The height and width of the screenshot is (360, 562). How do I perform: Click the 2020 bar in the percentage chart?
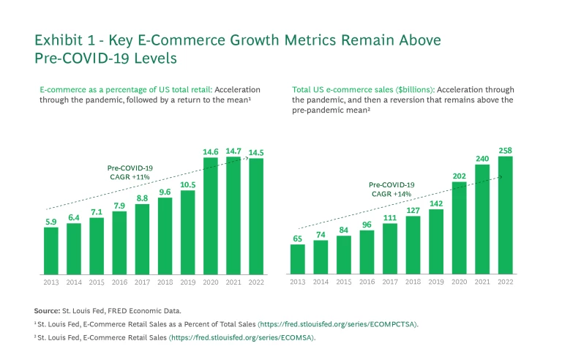pyautogui.click(x=211, y=216)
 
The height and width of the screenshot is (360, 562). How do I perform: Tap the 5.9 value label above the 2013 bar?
pyautogui.click(x=50, y=222)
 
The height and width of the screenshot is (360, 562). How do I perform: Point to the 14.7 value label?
pyautogui.click(x=233, y=151)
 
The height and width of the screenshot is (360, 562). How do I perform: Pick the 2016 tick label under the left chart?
pyautogui.click(x=119, y=281)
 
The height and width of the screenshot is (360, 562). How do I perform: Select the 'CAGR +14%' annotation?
pyautogui.click(x=391, y=194)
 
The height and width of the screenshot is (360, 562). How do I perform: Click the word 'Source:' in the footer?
pyautogui.click(x=46, y=311)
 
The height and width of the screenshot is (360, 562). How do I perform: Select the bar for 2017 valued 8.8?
pyautogui.click(x=142, y=239)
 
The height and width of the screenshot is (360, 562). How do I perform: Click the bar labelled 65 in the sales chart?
pyautogui.click(x=297, y=259)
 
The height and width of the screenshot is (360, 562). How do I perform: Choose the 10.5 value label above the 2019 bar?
pyautogui.click(x=188, y=184)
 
